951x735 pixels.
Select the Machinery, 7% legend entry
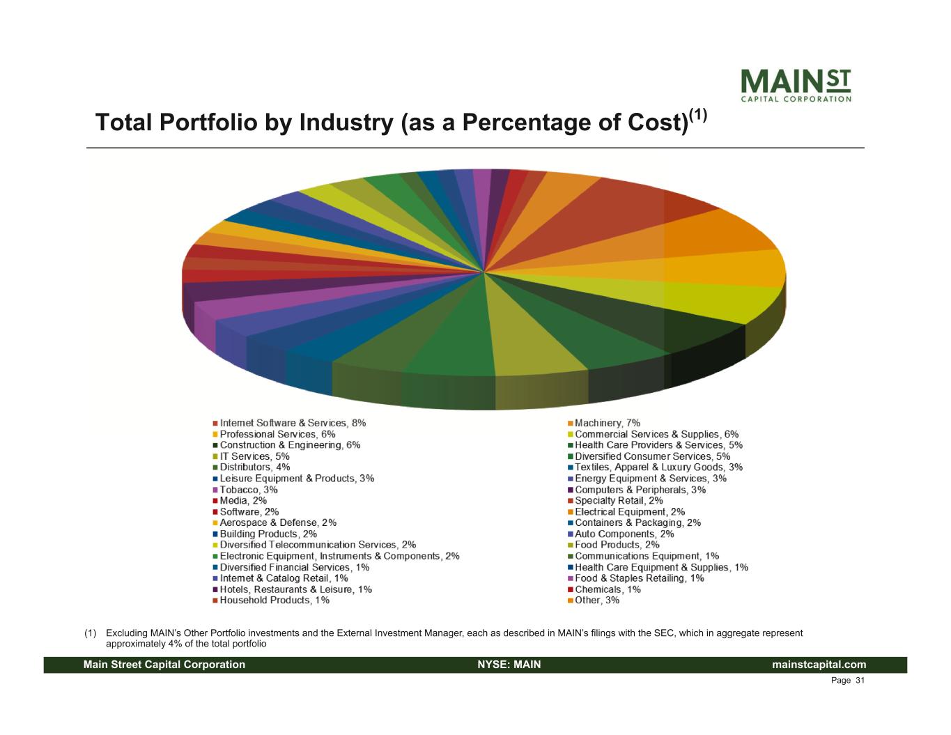(607, 423)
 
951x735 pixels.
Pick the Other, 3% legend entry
(596, 601)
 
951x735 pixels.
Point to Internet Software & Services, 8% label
(293, 423)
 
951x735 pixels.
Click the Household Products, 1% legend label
(275, 601)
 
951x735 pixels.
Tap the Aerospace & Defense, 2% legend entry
(278, 523)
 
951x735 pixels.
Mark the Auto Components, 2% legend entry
(624, 534)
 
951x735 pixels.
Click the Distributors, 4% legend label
(255, 467)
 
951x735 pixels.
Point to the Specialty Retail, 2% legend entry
(619, 501)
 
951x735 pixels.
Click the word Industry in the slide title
(346, 123)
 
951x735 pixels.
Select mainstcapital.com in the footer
(819, 665)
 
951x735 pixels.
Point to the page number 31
(860, 681)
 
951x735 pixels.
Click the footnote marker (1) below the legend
(90, 633)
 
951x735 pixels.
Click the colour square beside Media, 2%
(216, 501)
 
